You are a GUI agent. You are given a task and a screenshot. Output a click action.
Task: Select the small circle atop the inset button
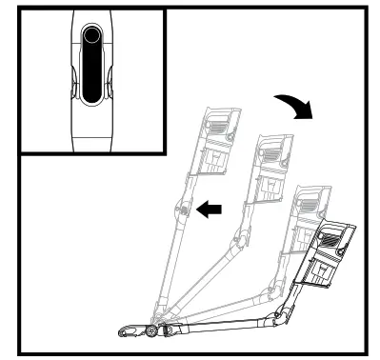point(91,36)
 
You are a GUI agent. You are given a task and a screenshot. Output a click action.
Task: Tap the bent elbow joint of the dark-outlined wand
point(280,315)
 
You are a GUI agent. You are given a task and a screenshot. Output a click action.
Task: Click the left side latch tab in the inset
point(70,88)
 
